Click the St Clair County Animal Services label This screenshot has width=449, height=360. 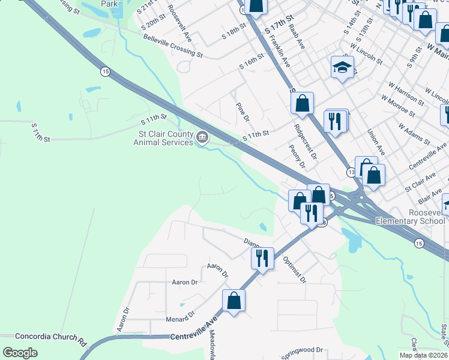pos(165,138)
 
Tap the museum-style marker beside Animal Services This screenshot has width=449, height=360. pos(202,139)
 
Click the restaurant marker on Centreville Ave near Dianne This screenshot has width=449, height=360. pos(262,259)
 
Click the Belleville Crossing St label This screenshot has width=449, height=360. pos(173,46)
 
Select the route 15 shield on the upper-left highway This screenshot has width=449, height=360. pos(105,71)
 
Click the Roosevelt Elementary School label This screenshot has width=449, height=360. pos(410,217)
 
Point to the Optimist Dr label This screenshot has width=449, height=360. pos(294,271)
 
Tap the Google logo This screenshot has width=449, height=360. pos(20,353)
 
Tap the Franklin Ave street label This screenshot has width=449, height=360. pos(280,51)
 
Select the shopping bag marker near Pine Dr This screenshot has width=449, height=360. pos(303,103)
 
